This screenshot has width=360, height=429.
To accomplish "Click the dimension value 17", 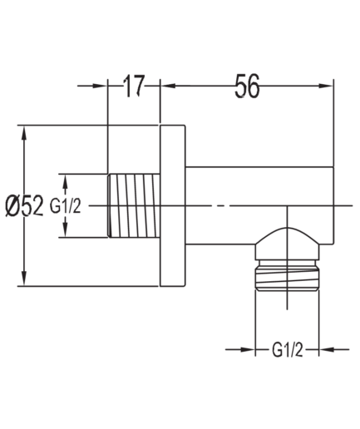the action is point(134,86).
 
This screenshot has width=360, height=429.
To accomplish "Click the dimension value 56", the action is point(247,86).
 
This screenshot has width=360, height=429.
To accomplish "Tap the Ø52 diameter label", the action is point(24,205).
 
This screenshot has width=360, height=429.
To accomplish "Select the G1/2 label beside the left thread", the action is point(66,206).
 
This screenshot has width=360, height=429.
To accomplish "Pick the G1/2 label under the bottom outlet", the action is point(288,350).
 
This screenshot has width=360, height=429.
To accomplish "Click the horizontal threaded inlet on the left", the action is point(134,205).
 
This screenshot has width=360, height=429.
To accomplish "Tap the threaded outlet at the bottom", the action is point(288,276).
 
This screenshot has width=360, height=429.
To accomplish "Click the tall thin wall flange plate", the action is point(173,205).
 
